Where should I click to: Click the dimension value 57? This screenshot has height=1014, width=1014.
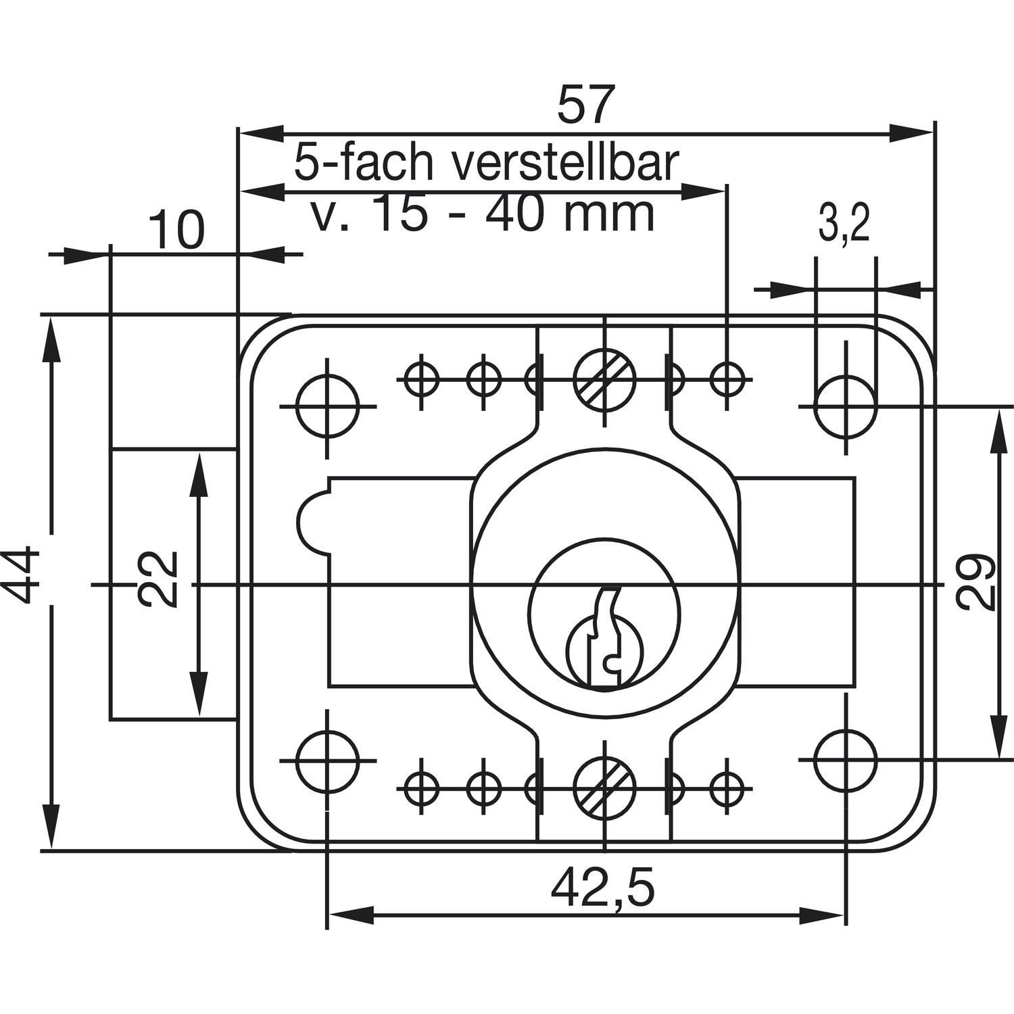tap(587, 103)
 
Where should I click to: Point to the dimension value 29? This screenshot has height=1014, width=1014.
tap(977, 582)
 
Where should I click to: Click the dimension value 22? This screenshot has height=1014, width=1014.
tap(157, 579)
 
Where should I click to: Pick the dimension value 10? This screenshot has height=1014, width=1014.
tap(175, 230)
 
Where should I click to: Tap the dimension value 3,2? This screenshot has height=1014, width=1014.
tap(844, 226)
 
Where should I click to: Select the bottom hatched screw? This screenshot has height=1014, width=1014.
tap(605, 788)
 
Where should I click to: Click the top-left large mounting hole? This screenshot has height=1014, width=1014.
tap(328, 407)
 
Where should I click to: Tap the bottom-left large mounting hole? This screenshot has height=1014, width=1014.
tap(328, 760)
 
